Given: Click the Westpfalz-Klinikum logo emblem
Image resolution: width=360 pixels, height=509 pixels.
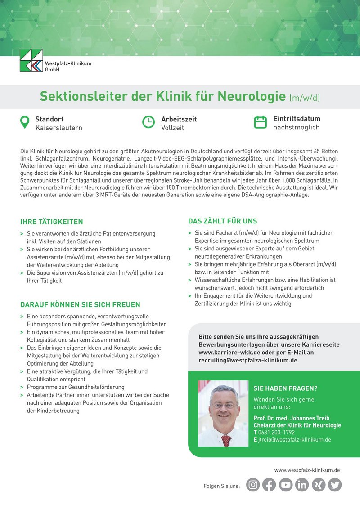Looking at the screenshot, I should [31, 61].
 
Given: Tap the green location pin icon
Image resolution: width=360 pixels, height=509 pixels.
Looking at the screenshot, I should [25, 122].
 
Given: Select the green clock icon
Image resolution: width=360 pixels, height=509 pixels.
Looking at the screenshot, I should [148, 122].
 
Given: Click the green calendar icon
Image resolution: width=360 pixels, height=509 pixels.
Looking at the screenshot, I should [261, 122].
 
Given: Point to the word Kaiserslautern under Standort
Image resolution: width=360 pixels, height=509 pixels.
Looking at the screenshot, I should [58, 128].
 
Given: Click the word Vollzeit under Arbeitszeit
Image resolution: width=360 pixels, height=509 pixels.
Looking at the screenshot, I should [173, 128].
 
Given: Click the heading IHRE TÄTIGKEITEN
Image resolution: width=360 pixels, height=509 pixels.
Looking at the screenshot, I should [52, 222].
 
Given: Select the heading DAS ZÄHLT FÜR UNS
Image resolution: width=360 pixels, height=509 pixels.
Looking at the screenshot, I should [223, 221].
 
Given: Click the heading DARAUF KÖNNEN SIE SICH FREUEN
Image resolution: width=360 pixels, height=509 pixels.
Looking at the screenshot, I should [80, 304].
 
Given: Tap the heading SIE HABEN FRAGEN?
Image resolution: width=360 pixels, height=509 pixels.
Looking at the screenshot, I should [286, 388].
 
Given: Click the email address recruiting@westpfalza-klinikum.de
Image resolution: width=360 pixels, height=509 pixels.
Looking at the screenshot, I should [247, 360].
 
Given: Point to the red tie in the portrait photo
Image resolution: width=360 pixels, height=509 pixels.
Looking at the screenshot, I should [226, 440].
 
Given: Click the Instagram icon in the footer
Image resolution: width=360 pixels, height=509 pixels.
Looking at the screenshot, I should [253, 485].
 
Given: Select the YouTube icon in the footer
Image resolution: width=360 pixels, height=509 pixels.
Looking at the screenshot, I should [286, 485].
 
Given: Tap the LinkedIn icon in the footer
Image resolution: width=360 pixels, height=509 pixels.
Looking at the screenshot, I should [302, 485].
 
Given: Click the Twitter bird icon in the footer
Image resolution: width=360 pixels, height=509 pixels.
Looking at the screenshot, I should [334, 485].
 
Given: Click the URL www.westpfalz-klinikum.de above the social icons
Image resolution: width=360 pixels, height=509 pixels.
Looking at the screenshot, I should [307, 470].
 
